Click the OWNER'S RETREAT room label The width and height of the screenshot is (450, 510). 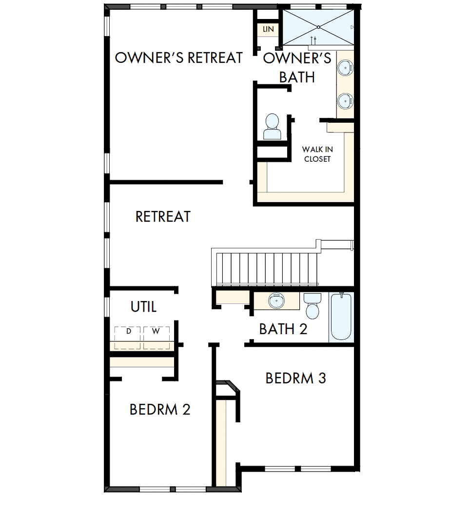click(x=179, y=57)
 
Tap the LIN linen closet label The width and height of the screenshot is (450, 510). click(x=268, y=29)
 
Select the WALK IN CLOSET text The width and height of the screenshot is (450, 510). click(x=317, y=154)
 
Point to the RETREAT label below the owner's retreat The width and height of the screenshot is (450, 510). click(x=163, y=217)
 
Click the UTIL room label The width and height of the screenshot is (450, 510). click(x=144, y=307)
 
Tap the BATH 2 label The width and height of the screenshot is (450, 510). click(x=283, y=329)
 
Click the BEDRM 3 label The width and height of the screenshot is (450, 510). click(x=295, y=378)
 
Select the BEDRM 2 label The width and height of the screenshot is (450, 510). click(x=159, y=410)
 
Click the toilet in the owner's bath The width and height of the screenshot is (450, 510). click(x=272, y=127)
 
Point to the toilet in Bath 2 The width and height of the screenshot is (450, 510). click(x=312, y=305)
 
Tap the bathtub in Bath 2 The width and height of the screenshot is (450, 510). click(x=341, y=317)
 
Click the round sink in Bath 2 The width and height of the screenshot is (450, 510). click(x=276, y=300)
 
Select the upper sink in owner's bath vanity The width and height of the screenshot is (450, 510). click(x=345, y=68)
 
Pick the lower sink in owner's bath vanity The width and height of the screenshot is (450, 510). click(x=345, y=101)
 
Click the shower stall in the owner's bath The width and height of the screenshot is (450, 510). click(x=318, y=27)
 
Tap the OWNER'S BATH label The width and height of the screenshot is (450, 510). click(x=297, y=68)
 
